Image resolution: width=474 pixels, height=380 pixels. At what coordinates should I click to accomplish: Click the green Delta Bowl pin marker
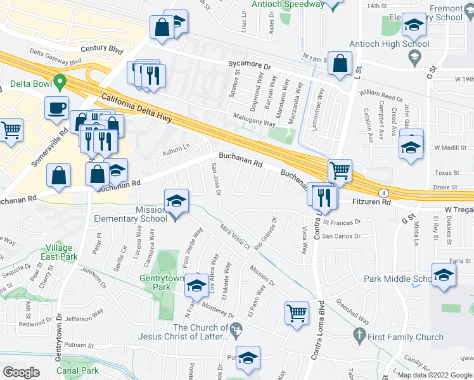[60, 82]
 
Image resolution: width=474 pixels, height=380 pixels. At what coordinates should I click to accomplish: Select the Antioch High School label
[388, 44]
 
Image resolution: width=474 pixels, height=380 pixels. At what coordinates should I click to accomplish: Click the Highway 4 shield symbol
[383, 191]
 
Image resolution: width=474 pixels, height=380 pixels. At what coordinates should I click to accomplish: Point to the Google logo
[20, 372]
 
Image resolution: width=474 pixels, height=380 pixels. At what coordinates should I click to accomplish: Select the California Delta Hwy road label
[136, 108]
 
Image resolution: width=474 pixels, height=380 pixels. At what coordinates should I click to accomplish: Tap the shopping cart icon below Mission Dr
[297, 312]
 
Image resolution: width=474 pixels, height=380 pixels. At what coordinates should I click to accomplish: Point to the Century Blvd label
[100, 48]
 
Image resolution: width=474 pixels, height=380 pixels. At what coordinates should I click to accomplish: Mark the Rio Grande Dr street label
[266, 234]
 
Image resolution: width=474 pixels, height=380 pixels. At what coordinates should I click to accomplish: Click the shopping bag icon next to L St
[340, 63]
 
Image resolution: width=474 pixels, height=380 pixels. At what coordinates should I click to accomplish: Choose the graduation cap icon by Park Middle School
[444, 275]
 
